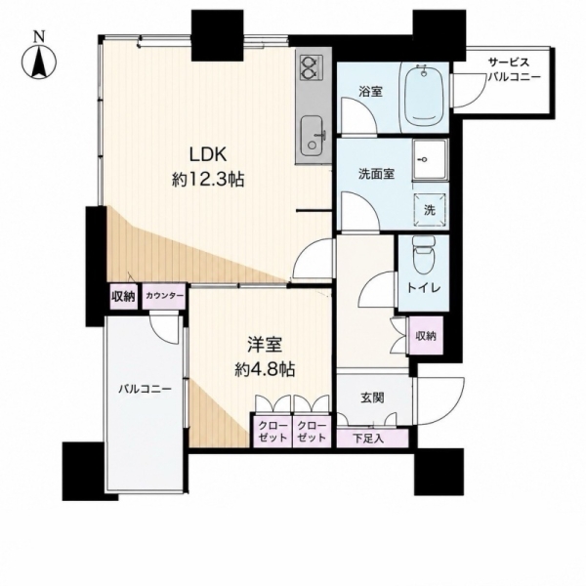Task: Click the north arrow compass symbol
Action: point(39,61)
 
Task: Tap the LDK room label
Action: point(208,154)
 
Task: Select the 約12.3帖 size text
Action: point(208,180)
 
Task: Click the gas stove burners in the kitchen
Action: point(310,67)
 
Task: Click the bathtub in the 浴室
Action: point(424,97)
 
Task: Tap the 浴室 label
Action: point(370,91)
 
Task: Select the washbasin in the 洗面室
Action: point(430,159)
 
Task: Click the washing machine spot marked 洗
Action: point(430,210)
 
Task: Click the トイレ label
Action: point(424,288)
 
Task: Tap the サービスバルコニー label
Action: point(515,69)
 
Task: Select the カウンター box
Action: point(164,296)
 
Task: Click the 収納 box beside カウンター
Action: point(124,296)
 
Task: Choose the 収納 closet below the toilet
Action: point(426,335)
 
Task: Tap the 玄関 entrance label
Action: point(372,398)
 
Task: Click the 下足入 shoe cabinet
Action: point(373,438)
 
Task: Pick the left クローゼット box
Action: point(273,431)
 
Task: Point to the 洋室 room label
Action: point(265,345)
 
